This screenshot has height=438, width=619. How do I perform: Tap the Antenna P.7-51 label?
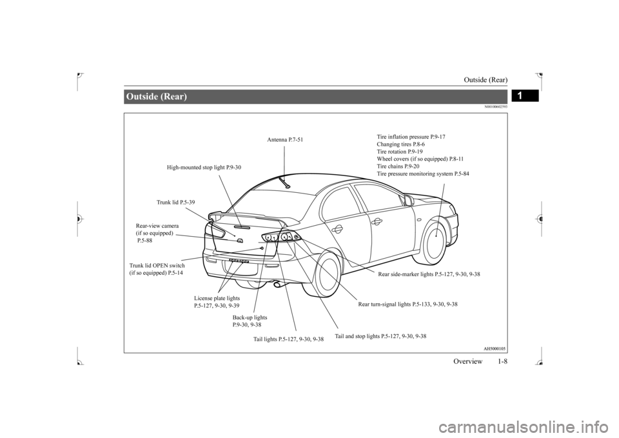(285, 139)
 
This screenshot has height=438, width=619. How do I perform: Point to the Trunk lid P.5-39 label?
(175, 203)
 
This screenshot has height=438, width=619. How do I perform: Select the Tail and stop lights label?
(380, 336)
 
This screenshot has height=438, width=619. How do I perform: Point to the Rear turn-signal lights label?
(408, 304)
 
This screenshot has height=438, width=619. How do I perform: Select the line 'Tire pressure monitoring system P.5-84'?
(423, 174)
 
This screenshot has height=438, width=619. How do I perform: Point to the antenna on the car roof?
(283, 182)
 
